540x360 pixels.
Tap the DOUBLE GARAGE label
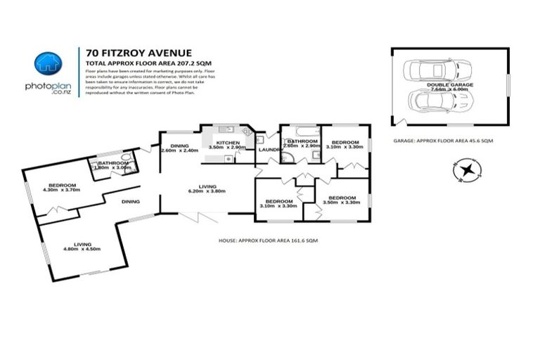449,84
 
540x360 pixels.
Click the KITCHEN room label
228,143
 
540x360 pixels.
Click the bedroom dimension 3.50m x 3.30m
342,202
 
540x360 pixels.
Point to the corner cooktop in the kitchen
247,131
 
